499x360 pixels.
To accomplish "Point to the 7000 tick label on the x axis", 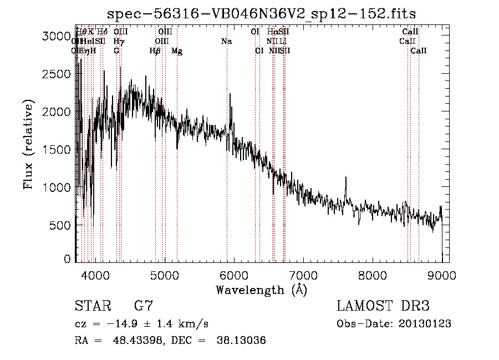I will [303, 275].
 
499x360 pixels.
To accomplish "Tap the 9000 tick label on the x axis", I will [442, 275].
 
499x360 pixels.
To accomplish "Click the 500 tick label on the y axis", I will [59, 225].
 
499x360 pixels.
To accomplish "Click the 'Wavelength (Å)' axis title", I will [261, 290].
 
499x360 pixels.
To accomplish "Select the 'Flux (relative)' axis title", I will [28, 144].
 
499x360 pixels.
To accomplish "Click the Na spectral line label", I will [226, 41].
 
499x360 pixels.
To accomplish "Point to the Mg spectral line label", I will [177, 51].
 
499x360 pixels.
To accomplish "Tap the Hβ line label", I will [155, 51].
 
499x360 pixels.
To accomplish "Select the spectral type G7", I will [144, 306].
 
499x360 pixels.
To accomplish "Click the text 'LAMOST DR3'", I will [383, 306].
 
